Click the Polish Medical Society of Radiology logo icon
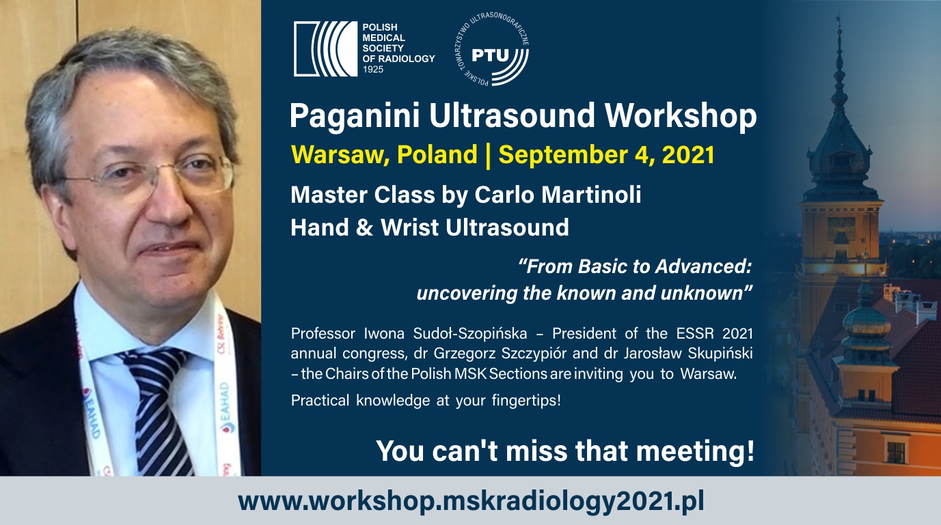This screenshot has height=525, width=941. tap(325, 48)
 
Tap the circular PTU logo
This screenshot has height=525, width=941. tap(492, 49)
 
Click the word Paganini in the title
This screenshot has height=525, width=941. tap(355, 116)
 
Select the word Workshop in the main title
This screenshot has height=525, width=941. tap(681, 116)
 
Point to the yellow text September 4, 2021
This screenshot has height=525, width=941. tap(606, 155)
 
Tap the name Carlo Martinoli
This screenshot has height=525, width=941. tap(558, 195)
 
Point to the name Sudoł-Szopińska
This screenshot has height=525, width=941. tap(469, 334)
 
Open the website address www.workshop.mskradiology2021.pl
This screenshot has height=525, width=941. tap(470, 502)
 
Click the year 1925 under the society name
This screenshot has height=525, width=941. tap(373, 69)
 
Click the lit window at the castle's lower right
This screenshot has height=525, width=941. tap(896, 453)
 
